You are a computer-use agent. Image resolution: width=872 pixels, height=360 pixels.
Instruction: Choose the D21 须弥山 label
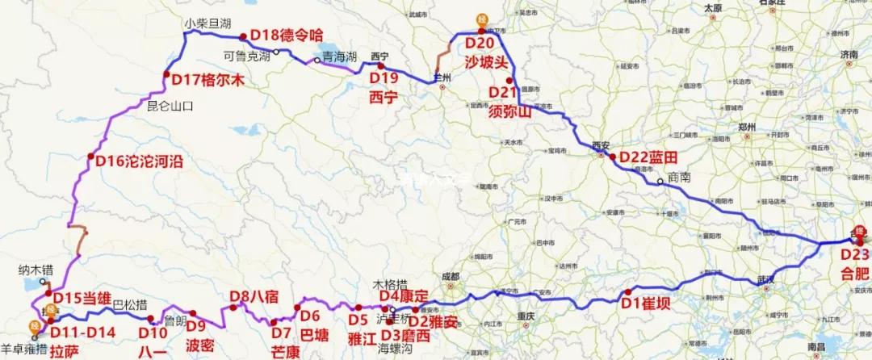click(x=510, y=103)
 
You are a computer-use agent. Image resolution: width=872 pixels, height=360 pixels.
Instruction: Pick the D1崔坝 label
click(x=648, y=303)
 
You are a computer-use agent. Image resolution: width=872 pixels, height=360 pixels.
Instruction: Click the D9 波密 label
click(x=200, y=334)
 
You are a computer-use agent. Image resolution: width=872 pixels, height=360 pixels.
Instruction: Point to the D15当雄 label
click(x=81, y=297)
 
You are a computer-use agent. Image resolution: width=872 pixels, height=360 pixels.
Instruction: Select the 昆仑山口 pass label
click(x=170, y=105)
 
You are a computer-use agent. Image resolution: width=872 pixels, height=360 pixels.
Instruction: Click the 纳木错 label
click(x=38, y=267)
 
